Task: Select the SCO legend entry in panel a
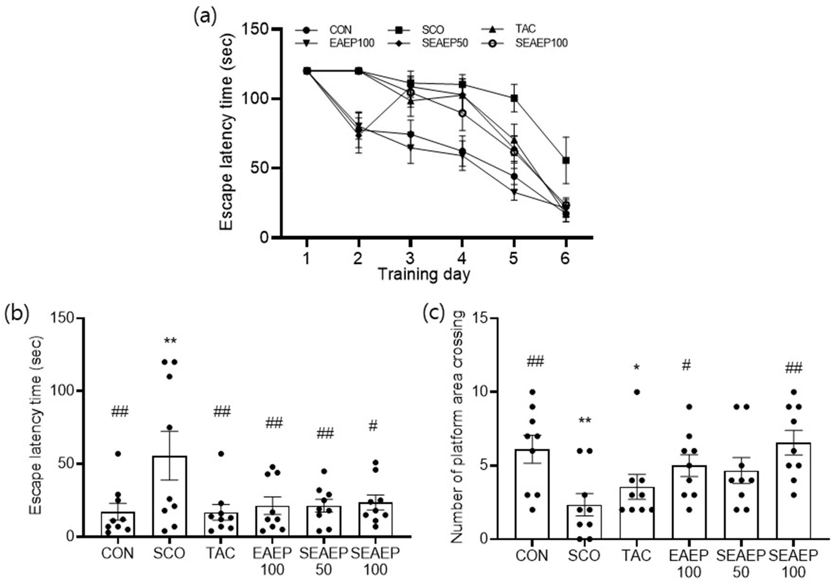tap(417, 29)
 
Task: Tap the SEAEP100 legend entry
tap(525, 43)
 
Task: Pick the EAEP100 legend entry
tap(335, 43)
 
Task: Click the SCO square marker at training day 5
tap(514, 98)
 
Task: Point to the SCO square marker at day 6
tap(565, 160)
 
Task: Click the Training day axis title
tap(424, 274)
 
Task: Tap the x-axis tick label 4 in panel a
tap(462, 258)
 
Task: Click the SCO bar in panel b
tap(169, 496)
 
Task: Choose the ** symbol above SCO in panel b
tap(170, 341)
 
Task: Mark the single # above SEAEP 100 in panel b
tap(373, 426)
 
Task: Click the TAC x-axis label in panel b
tap(221, 553)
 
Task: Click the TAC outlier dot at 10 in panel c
tap(637, 392)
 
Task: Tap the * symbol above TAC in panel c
tap(636, 367)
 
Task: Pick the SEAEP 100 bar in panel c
tap(793, 491)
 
